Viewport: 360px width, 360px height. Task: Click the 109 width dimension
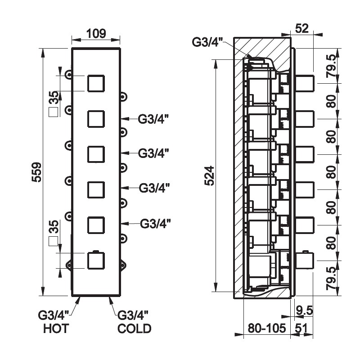(x=95, y=33)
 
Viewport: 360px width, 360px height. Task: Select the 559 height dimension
(x=36, y=172)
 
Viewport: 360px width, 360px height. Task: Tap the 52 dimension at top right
(x=301, y=28)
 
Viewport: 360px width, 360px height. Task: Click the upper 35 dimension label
(x=54, y=97)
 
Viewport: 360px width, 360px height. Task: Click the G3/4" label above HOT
(x=53, y=314)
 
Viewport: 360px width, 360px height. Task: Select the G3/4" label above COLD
(x=133, y=314)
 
